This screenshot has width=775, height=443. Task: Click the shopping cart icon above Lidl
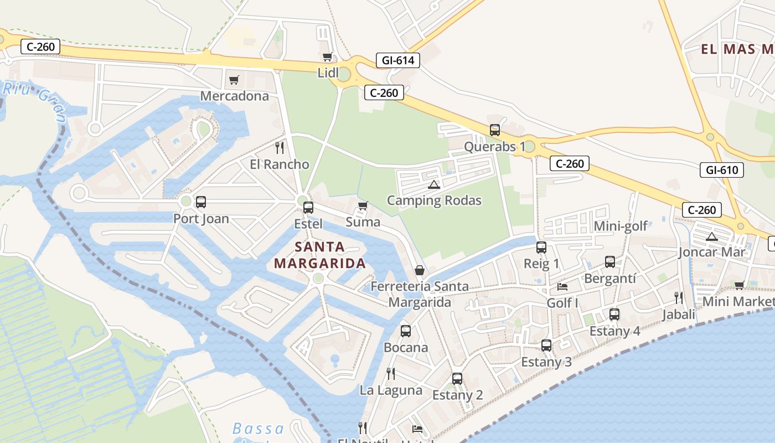pos(327,57)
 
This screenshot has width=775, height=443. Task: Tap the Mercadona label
pos(234,96)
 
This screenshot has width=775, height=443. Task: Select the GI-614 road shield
pos(397,60)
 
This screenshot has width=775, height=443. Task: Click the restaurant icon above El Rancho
pos(280,148)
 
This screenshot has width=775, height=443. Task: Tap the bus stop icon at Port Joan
pos(201,202)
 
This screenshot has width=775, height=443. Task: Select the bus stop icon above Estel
pos(308,208)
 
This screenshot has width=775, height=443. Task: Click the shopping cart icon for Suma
pos(363,206)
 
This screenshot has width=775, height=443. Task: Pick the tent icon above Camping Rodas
pos(433,184)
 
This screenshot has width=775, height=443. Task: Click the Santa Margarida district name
pos(320,255)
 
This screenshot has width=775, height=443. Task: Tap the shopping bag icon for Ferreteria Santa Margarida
pos(420,270)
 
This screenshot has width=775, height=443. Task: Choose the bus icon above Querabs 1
pos(495,130)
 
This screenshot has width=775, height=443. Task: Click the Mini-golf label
pos(620,226)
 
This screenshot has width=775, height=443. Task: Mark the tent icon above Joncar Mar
pos(711,237)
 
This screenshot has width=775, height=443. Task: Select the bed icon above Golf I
pos(562,287)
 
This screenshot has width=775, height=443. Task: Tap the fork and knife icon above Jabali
pos(679,298)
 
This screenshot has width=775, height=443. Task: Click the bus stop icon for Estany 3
pos(546,346)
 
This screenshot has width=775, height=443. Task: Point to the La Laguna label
pos(391,390)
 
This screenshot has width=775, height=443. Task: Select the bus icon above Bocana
pos(406,331)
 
